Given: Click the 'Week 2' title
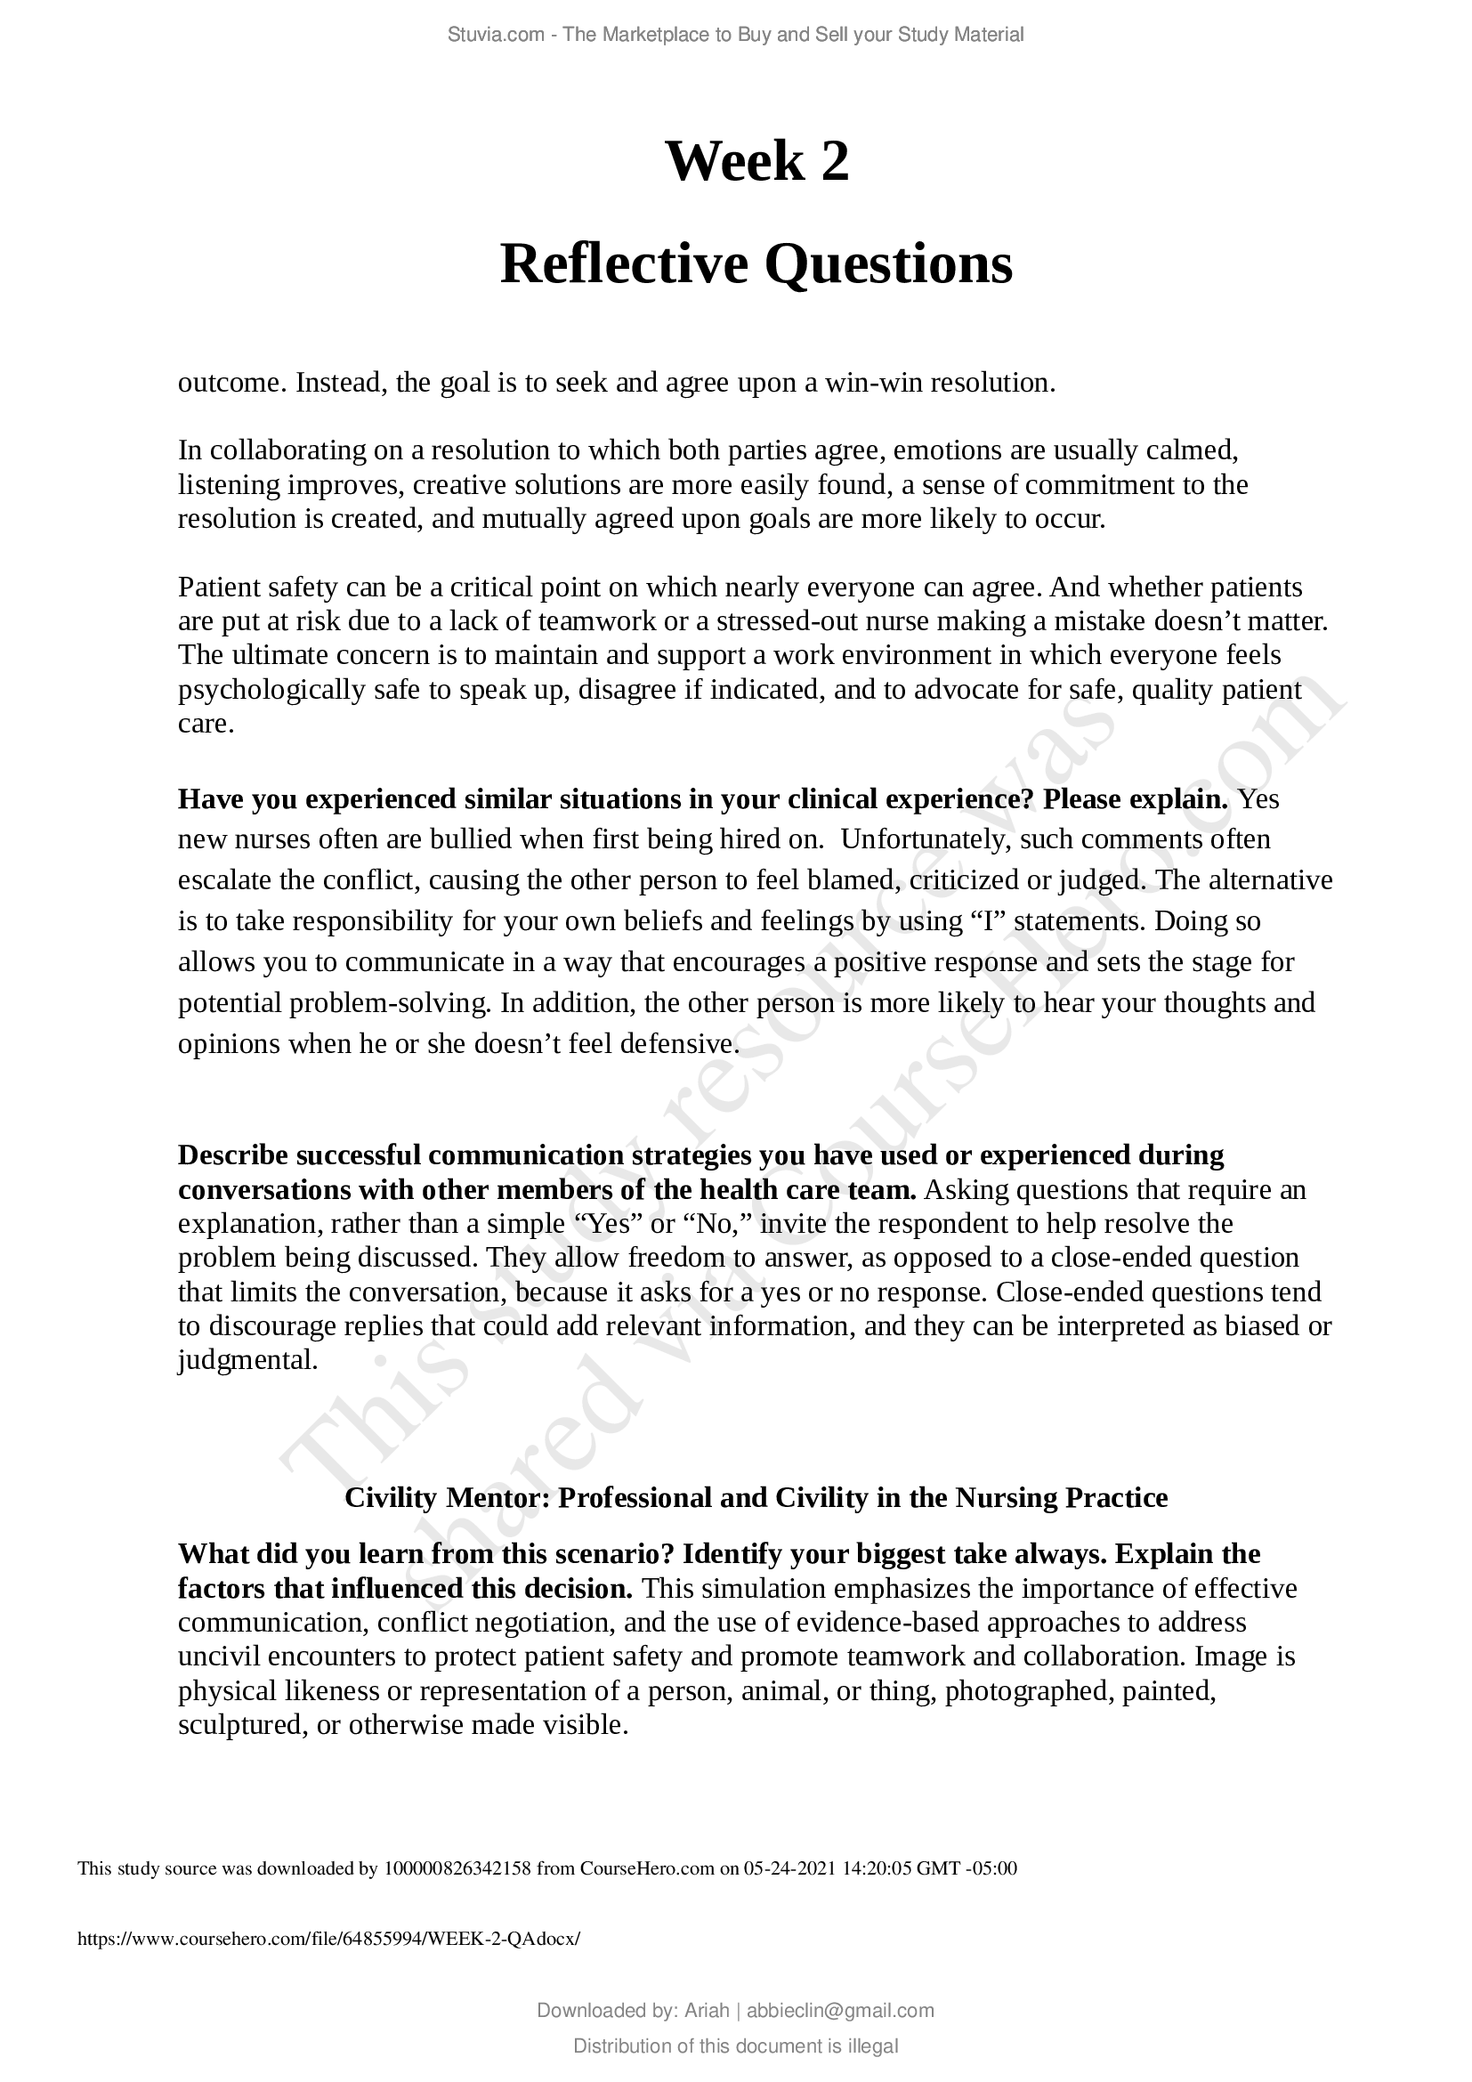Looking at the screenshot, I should coord(756,161).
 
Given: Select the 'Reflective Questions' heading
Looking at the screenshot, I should coord(756,264).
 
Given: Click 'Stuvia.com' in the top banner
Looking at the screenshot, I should coord(495,35).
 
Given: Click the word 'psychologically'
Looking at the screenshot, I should coord(271,690).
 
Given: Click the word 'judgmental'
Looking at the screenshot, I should coord(247,1360).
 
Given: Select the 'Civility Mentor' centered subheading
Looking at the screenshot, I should coord(756,1497).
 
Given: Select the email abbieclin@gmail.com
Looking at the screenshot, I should coord(839,2011).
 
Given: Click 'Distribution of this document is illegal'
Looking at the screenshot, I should coord(735,2046).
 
